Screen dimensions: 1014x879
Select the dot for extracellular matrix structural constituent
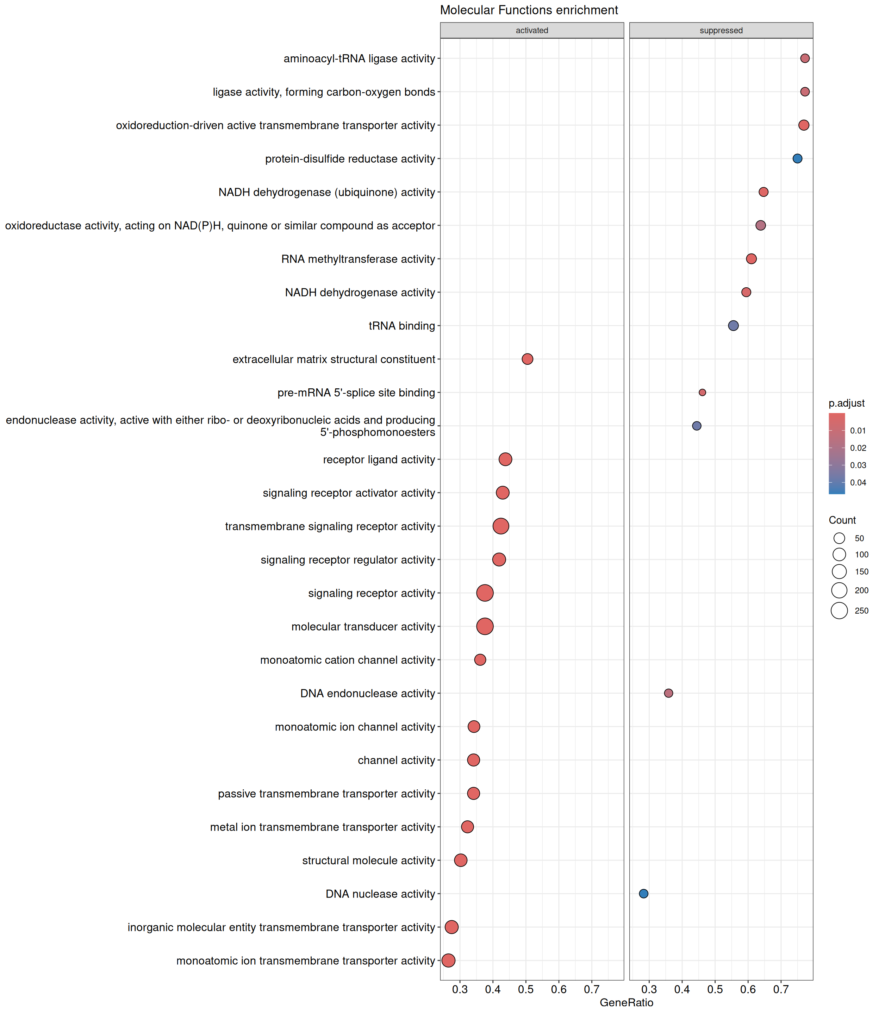coord(527,359)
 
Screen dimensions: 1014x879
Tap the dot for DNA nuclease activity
coord(643,893)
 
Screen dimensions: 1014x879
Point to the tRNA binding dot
coord(733,326)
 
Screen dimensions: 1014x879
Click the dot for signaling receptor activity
coord(485,593)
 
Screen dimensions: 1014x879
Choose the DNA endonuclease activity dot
coord(668,693)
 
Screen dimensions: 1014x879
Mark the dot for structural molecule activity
coord(461,860)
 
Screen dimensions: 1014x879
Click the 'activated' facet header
coord(532,30)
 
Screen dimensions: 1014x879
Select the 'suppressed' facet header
coord(721,30)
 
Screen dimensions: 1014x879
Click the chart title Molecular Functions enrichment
coord(529,10)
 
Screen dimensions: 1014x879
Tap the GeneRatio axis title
coord(626,1002)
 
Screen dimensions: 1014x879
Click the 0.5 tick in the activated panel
coord(526,989)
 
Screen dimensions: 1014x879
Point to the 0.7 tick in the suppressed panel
coord(781,989)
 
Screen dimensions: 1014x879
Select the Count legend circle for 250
coord(839,611)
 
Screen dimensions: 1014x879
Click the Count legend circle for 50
coord(839,538)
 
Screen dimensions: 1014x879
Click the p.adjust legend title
coord(847,403)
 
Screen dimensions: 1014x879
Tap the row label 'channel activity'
coord(396,760)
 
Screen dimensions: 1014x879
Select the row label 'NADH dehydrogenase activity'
coord(360,292)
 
